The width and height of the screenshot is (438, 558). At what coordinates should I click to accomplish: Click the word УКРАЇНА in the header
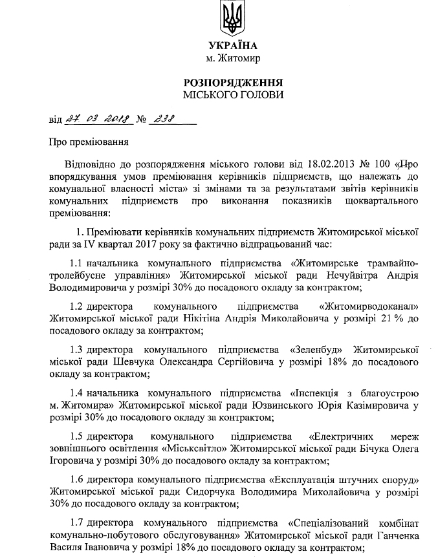(234, 45)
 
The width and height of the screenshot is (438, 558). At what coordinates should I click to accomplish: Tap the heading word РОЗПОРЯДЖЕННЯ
(234, 83)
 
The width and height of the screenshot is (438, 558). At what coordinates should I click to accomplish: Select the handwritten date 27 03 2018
(98, 119)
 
